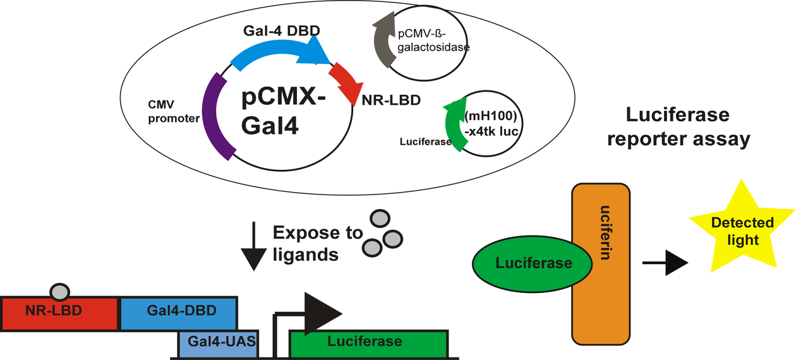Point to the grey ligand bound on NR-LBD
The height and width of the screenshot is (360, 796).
[60, 292]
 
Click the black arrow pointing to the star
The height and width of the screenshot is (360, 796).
[663, 264]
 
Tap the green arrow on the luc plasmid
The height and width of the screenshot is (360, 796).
[457, 126]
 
